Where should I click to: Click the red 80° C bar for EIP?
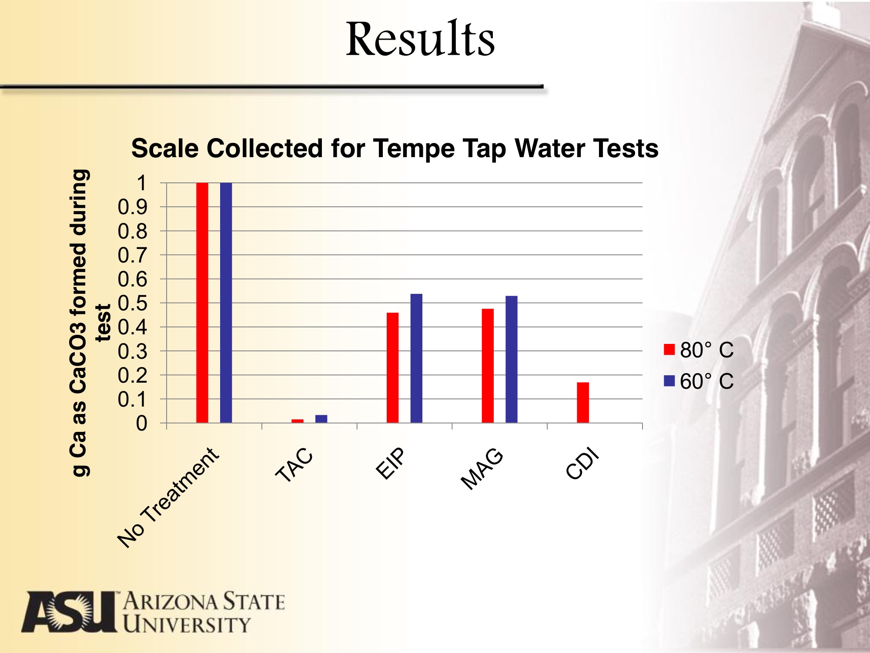pyautogui.click(x=392, y=367)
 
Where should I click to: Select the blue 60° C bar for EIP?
pyautogui.click(x=416, y=358)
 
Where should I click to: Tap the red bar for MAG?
pyautogui.click(x=488, y=366)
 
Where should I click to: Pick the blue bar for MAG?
pyautogui.click(x=512, y=359)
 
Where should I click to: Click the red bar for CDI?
pyautogui.click(x=583, y=402)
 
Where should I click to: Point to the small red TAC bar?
pyautogui.click(x=298, y=421)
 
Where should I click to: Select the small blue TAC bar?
pyautogui.click(x=321, y=419)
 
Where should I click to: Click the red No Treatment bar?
pyautogui.click(x=202, y=303)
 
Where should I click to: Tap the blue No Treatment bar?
pyautogui.click(x=226, y=303)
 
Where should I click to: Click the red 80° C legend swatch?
pyautogui.click(x=669, y=350)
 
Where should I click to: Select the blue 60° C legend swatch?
pyautogui.click(x=669, y=381)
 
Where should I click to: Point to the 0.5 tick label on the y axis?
pyautogui.click(x=133, y=303)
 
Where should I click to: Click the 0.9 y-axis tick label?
pyautogui.click(x=133, y=207)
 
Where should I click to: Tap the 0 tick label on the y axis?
pyautogui.click(x=141, y=424)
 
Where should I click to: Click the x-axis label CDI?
pyautogui.click(x=582, y=464)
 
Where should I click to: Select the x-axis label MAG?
pyautogui.click(x=482, y=469)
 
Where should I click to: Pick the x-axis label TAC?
pyautogui.click(x=294, y=465)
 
